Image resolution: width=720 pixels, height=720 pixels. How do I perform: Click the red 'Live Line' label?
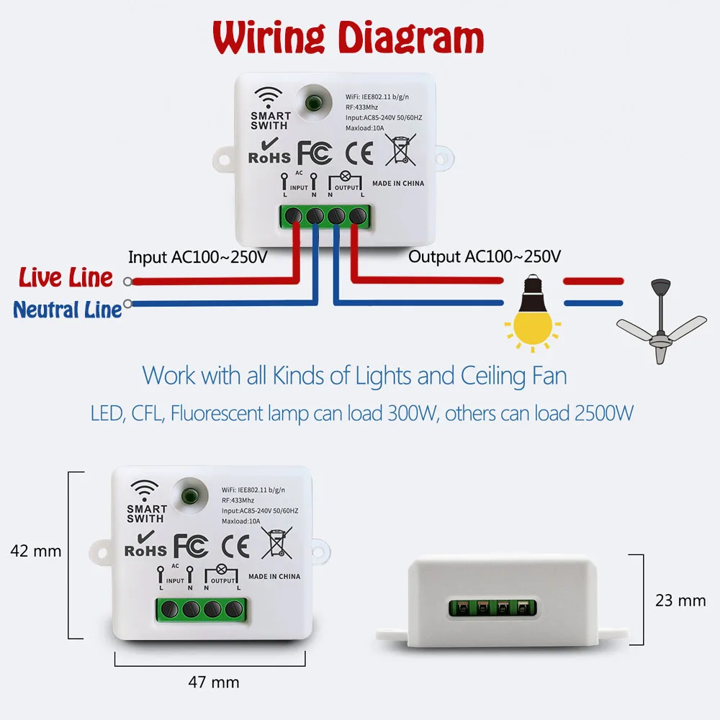66,278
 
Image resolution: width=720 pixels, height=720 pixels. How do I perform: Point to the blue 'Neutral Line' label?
68,310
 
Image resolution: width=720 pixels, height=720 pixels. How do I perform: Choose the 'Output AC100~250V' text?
484,256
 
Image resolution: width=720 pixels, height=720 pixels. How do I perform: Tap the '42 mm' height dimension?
36,552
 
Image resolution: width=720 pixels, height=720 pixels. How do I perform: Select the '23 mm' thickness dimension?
680,600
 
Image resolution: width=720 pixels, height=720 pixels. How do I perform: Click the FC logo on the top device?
315,153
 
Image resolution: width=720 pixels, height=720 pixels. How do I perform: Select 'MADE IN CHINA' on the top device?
398,184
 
